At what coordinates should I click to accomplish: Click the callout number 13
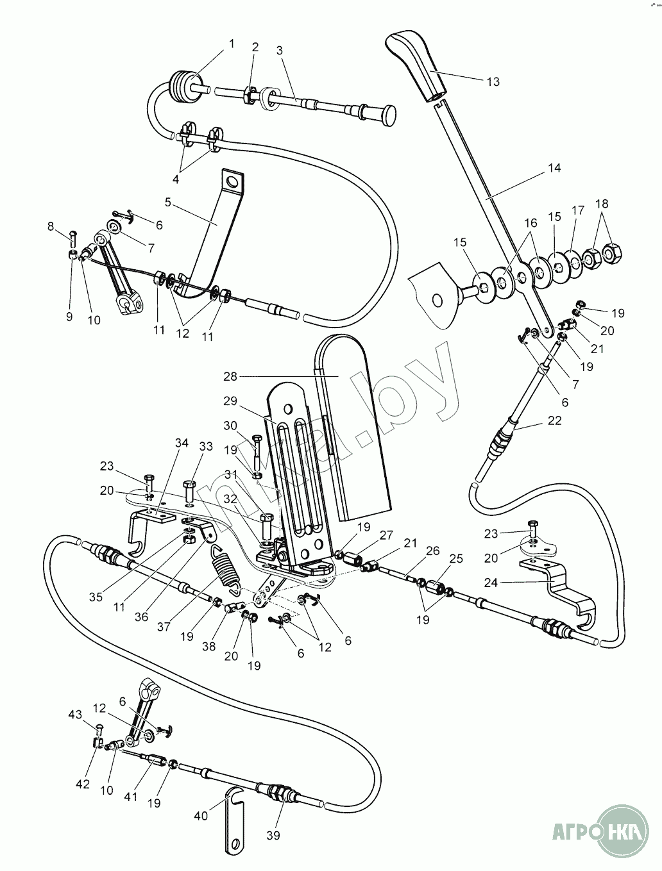pyautogui.click(x=493, y=82)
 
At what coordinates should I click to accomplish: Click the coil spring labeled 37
pyautogui.click(x=225, y=565)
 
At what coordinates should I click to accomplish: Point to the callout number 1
pyautogui.click(x=232, y=44)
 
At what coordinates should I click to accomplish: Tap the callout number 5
pyautogui.click(x=168, y=202)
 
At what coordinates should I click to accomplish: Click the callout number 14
pyautogui.click(x=554, y=168)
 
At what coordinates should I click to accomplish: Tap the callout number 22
pyautogui.click(x=555, y=420)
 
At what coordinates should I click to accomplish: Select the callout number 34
pyautogui.click(x=182, y=443)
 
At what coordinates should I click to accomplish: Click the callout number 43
pyautogui.click(x=76, y=714)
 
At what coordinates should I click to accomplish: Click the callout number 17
pyautogui.click(x=579, y=210)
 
